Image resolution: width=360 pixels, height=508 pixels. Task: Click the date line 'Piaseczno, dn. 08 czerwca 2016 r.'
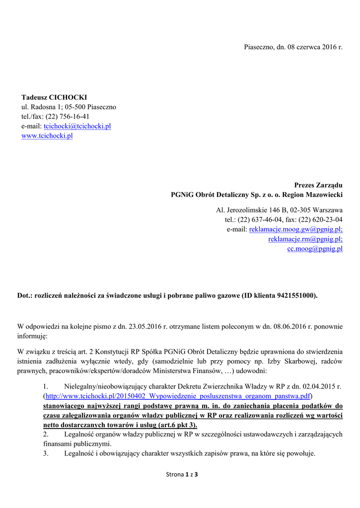(293, 47)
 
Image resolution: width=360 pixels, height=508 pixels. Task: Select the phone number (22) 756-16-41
(67, 117)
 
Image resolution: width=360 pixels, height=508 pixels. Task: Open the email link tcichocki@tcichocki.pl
(77, 126)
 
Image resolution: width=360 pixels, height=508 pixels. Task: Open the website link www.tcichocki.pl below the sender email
(47, 135)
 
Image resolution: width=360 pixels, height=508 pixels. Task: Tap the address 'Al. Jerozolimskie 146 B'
(252, 210)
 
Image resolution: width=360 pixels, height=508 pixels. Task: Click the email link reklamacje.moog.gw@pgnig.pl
(295, 229)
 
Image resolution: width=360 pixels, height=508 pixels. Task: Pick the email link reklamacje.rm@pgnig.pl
(305, 239)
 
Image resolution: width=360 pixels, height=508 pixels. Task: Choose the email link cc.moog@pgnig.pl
(315, 249)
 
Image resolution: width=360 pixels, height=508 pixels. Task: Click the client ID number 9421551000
(297, 295)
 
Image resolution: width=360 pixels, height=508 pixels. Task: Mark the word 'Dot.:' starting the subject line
(25, 295)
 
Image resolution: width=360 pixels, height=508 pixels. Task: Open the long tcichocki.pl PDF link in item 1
(178, 396)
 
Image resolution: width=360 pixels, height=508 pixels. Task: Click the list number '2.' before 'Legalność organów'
(46, 434)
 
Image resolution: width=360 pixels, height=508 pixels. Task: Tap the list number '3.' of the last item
(46, 453)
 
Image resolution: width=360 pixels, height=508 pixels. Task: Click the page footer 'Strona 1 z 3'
(182, 475)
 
